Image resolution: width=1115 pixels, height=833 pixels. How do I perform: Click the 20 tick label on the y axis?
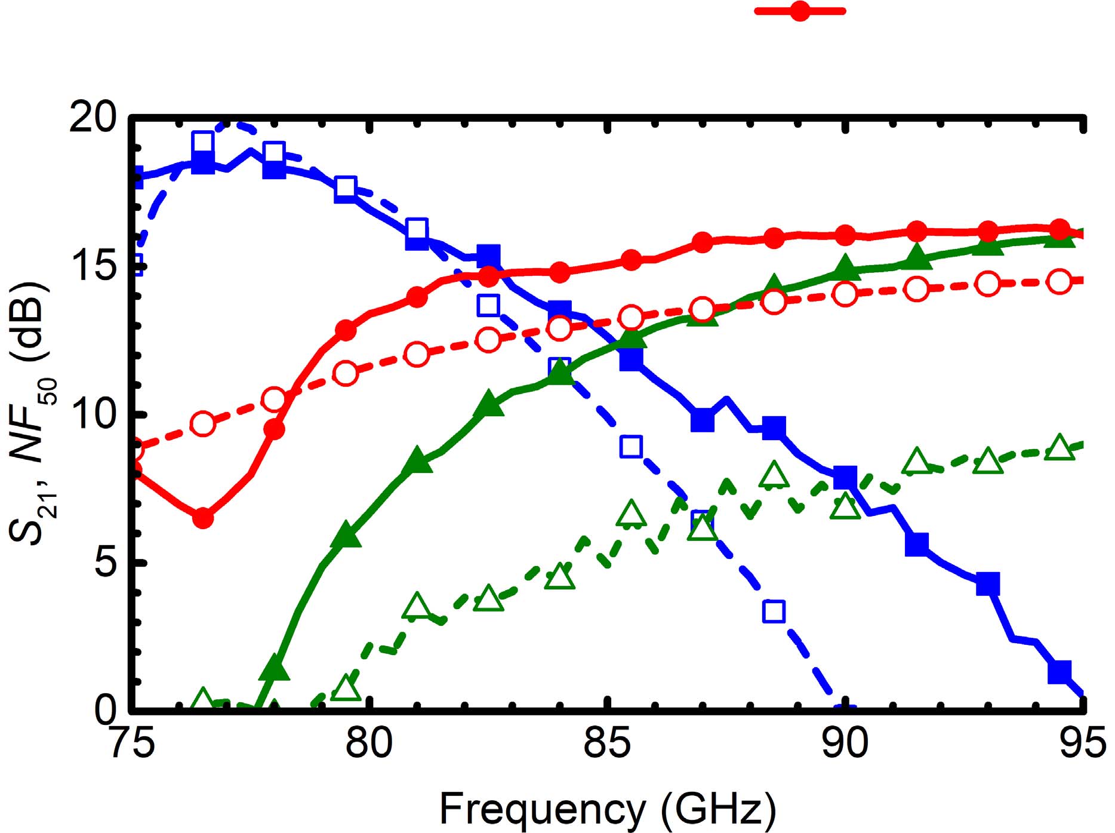(93, 119)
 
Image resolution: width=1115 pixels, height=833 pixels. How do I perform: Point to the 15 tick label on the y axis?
(93, 266)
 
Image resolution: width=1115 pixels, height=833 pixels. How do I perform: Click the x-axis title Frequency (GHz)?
(608, 809)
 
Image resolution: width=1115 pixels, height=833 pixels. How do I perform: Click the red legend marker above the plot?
(800, 11)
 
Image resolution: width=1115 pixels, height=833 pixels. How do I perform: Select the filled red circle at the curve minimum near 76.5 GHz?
(203, 518)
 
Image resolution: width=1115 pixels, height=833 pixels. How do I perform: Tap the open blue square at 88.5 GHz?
(774, 611)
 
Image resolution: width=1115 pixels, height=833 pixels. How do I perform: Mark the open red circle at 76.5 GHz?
(203, 424)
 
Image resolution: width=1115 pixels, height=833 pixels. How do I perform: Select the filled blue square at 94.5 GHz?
(1059, 671)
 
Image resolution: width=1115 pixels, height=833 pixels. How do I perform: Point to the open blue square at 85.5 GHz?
(631, 446)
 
